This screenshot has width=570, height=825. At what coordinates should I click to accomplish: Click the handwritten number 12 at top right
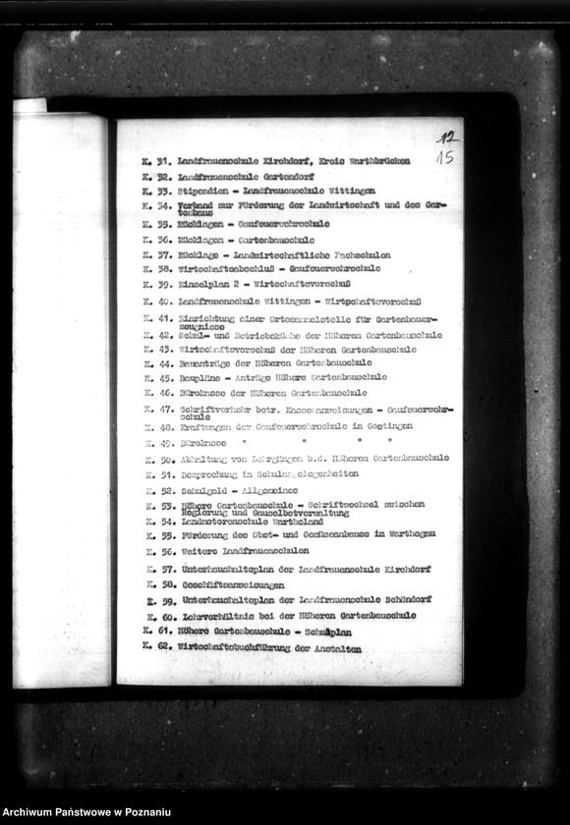[447, 138]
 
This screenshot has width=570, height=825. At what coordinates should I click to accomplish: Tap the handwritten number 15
[445, 157]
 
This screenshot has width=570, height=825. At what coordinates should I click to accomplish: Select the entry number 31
[164, 161]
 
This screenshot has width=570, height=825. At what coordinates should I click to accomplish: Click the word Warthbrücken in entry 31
[377, 161]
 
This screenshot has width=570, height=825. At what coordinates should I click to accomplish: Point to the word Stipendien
[202, 191]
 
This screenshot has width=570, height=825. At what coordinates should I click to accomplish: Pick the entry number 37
[164, 254]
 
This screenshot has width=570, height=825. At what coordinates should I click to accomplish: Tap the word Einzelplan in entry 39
[204, 284]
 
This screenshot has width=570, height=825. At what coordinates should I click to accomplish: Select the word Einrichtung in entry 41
[207, 318]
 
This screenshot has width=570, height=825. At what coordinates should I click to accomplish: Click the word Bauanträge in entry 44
[205, 363]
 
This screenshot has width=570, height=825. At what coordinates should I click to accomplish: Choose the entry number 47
[164, 410]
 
